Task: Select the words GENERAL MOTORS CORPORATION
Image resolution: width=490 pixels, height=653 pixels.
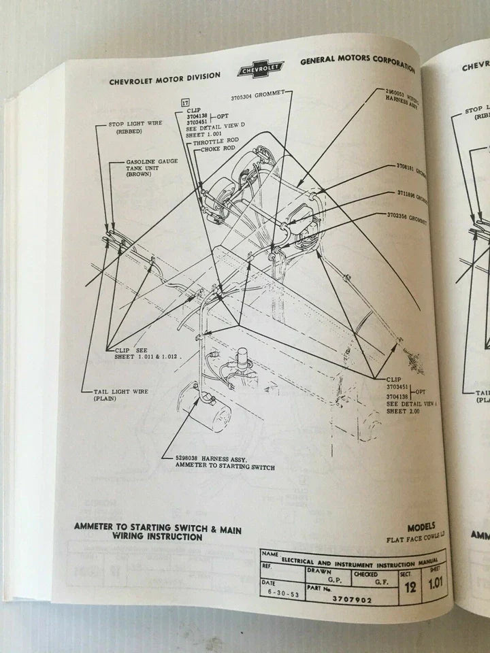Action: tap(357, 63)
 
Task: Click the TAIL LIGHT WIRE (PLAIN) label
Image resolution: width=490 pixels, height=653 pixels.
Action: tap(120, 396)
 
